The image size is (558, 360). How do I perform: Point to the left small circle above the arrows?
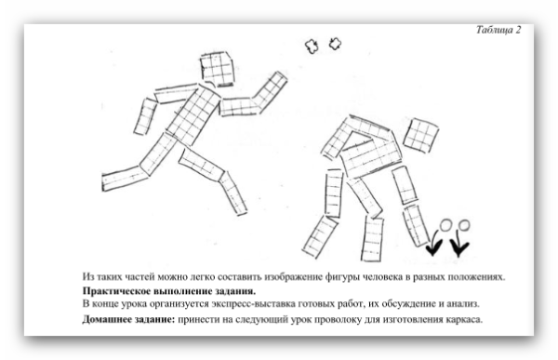(445, 224)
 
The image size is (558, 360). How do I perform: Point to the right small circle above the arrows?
(464, 224)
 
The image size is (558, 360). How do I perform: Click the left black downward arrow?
(434, 246)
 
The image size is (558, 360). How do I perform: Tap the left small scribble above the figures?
(311, 44)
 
